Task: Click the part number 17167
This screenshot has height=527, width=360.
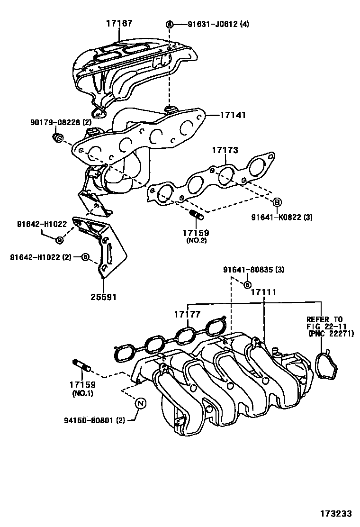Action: coord(119,23)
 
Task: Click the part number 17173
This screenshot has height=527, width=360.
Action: coord(225,150)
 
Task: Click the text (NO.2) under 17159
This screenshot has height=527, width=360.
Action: coord(196,241)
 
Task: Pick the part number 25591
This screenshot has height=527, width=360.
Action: coord(103,297)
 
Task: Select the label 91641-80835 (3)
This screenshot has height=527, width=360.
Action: coord(254,270)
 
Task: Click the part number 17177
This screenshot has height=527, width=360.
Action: coord(187,314)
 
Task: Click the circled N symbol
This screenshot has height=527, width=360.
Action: coord(141,403)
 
